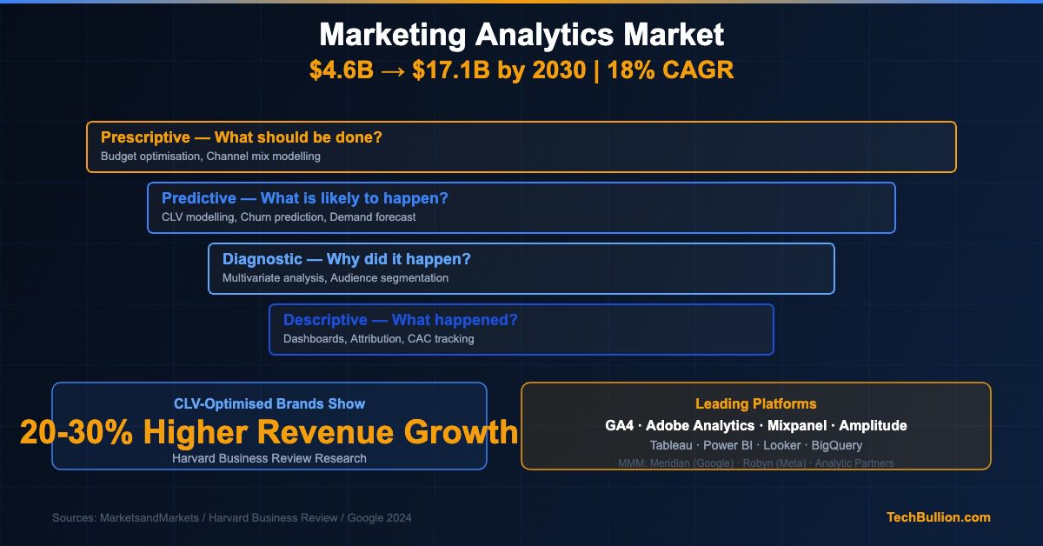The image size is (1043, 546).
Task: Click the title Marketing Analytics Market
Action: point(521,35)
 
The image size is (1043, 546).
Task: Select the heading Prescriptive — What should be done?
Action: point(242,137)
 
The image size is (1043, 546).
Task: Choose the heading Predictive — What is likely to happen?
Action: point(305,198)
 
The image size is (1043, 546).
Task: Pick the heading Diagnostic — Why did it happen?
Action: point(347,259)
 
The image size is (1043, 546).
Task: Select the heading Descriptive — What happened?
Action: point(400,320)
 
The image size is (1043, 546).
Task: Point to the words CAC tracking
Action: point(441,339)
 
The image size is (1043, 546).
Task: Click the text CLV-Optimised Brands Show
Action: point(269,403)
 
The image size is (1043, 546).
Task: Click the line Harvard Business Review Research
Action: point(269,458)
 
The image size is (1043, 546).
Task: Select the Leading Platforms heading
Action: point(755,403)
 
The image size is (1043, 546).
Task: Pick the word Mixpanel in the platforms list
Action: point(797,425)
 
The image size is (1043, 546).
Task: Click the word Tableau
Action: point(671,445)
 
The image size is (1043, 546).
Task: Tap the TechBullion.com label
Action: point(938,517)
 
